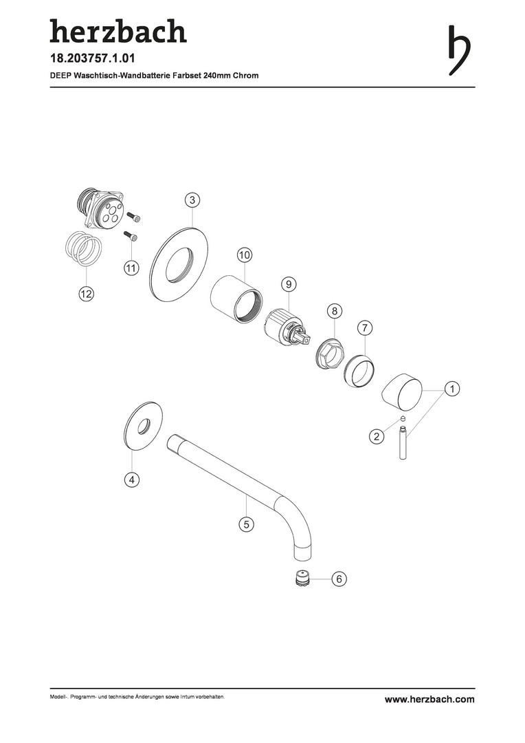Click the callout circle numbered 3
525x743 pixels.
[x=192, y=200]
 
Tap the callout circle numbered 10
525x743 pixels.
[x=244, y=255]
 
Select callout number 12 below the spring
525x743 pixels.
[x=86, y=294]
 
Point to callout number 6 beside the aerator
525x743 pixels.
[x=339, y=579]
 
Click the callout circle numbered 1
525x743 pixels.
[x=452, y=389]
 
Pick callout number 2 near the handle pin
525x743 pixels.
[x=377, y=436]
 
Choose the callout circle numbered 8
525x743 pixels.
[x=334, y=312]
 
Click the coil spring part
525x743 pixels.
[x=83, y=248]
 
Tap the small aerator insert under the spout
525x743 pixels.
[x=301, y=578]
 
